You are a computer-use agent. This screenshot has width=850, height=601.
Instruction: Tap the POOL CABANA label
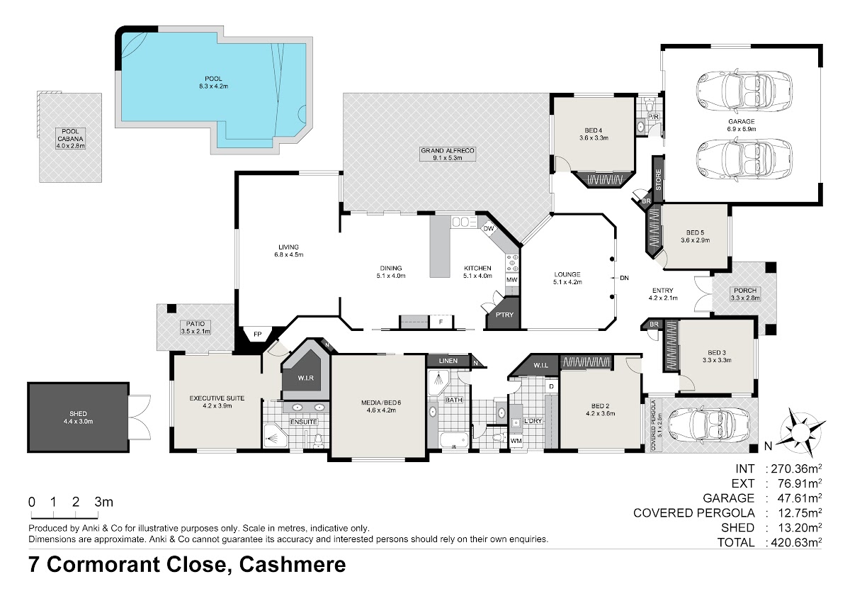click(x=70, y=138)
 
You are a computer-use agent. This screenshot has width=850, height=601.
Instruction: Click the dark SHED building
click(x=78, y=417)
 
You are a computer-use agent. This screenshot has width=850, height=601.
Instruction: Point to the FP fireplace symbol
click(x=258, y=334)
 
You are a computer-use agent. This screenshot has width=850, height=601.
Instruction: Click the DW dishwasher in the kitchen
click(x=489, y=228)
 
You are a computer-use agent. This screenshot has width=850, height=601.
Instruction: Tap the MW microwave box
click(x=512, y=280)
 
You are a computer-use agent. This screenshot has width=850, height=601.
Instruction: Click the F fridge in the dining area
click(x=441, y=322)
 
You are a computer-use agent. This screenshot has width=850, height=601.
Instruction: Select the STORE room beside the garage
click(x=658, y=179)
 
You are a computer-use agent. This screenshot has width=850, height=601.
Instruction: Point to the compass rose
click(x=800, y=430)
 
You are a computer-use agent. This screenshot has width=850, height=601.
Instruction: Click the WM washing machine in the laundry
click(x=516, y=441)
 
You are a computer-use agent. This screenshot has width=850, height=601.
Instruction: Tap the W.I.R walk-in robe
click(x=305, y=378)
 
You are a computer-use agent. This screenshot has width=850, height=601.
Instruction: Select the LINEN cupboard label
click(x=448, y=361)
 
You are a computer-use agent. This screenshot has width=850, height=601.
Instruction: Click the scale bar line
click(x=64, y=518)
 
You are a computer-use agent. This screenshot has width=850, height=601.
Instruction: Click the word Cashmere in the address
click(x=292, y=565)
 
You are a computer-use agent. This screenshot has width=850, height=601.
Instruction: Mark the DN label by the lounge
click(x=624, y=278)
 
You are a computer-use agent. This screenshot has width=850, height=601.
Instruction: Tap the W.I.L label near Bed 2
click(x=540, y=365)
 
